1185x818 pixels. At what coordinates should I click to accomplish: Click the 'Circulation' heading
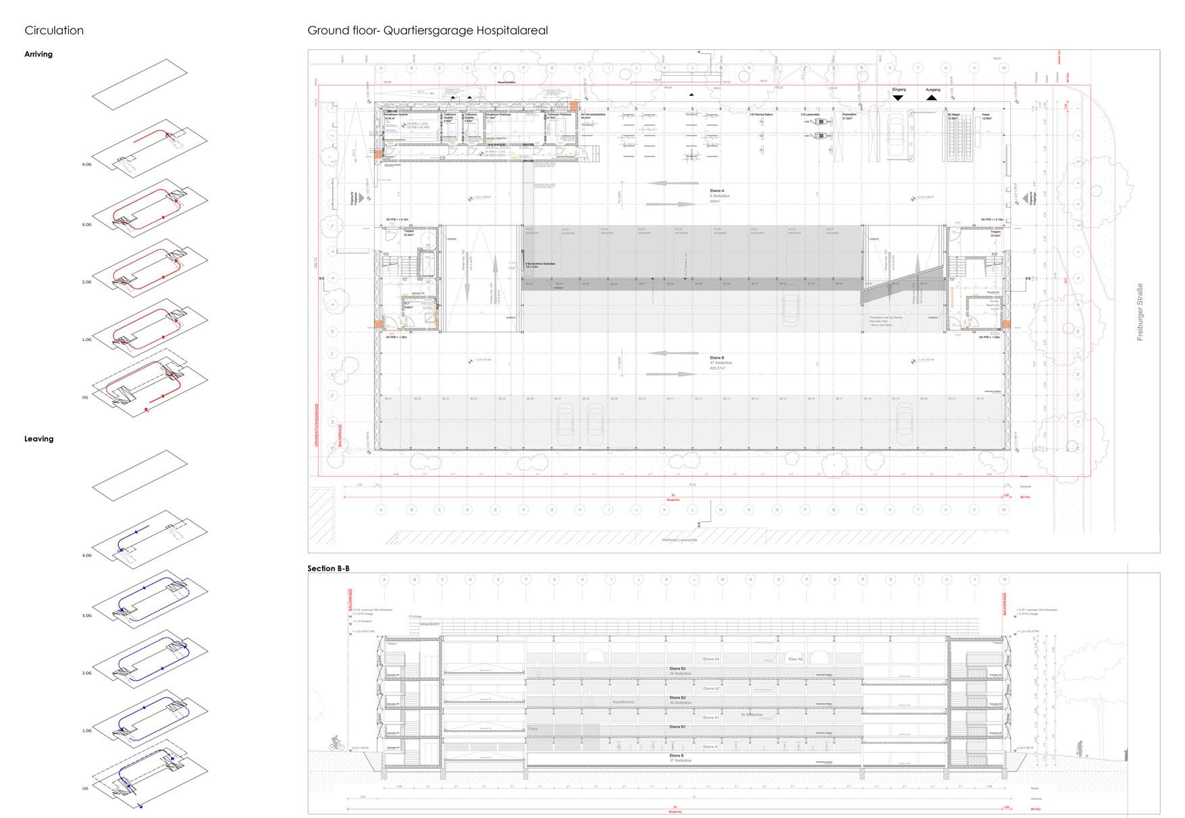[54, 30]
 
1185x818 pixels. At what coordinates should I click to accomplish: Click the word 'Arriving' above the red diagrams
[38, 54]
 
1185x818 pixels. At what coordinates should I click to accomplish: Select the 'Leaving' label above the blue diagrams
[38, 439]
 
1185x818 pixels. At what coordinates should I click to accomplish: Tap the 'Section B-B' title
[329, 568]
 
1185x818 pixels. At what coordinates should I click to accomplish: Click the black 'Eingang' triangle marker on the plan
[897, 97]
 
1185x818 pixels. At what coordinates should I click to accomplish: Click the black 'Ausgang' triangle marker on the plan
[932, 97]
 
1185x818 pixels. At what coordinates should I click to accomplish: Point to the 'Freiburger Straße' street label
[1140, 311]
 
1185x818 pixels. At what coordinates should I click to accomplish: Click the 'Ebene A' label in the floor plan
[717, 191]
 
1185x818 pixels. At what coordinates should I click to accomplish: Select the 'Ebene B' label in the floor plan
[717, 357]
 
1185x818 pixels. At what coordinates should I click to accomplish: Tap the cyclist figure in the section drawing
[337, 743]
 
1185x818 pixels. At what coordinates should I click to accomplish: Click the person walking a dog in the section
[1080, 749]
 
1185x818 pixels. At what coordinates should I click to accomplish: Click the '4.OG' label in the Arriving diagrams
[86, 164]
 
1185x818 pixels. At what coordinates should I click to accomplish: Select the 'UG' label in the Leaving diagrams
[85, 788]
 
